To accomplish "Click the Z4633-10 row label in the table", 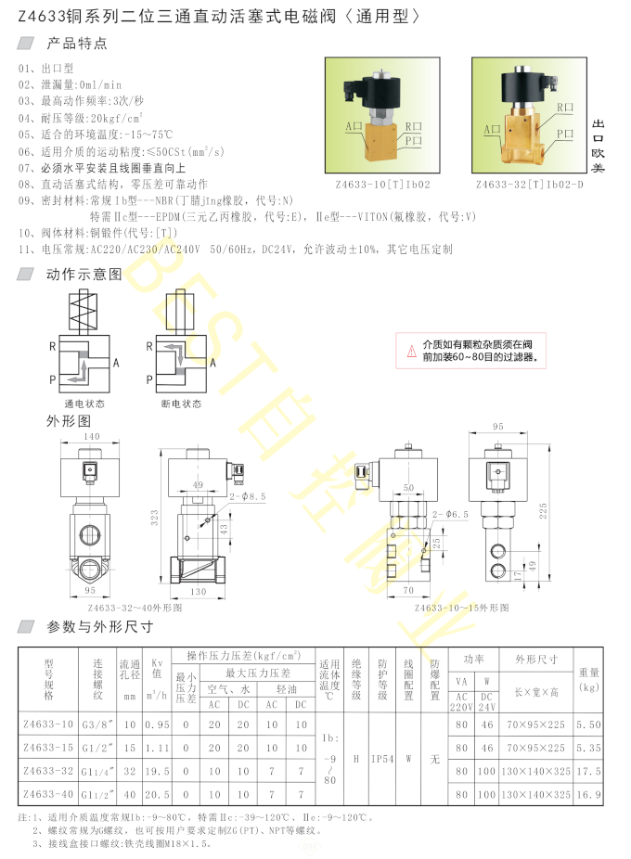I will point(47,723).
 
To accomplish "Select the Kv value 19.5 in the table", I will point(160,770).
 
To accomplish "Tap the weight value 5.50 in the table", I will point(588,723).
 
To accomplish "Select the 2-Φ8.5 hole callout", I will point(247,496).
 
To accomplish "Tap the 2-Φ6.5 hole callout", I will point(451,513).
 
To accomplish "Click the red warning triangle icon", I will point(411,351).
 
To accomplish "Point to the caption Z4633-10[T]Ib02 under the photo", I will point(382,185).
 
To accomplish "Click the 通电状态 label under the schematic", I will point(84,404).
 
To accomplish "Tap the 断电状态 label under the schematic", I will point(181,404).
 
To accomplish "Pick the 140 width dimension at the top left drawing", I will point(91,436).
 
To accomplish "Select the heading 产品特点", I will point(77,44).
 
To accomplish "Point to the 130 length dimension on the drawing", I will point(200,591).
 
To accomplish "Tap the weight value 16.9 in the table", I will point(588,794).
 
